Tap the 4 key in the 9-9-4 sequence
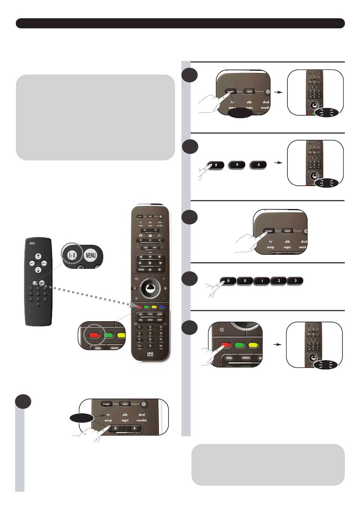259,165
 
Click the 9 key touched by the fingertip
216,165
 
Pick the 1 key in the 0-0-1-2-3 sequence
262,281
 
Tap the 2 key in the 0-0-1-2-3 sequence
278,281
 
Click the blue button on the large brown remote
162,307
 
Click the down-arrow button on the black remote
38,270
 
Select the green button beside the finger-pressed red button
239,344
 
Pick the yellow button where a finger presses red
254,344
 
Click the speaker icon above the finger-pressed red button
222,329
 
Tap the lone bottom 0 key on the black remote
38,305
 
